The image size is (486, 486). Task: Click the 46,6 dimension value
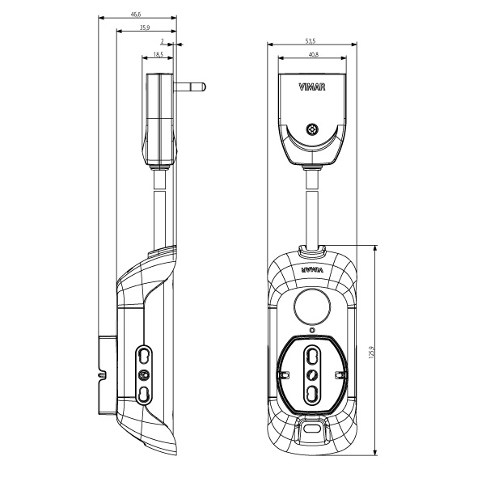(x=137, y=14)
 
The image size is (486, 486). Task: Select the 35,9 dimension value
(x=144, y=27)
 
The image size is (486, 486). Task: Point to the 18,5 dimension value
(x=157, y=54)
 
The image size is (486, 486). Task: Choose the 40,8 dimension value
(x=312, y=54)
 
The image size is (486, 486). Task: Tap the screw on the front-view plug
(x=312, y=129)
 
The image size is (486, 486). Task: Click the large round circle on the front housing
(x=311, y=306)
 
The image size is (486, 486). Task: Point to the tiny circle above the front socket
(x=312, y=330)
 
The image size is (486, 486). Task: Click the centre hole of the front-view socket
(x=312, y=374)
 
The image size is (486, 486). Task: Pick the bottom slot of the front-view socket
(x=312, y=394)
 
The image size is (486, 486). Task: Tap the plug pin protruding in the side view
(x=190, y=86)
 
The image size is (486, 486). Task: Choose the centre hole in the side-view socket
(x=144, y=374)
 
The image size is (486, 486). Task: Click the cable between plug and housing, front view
(x=312, y=202)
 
